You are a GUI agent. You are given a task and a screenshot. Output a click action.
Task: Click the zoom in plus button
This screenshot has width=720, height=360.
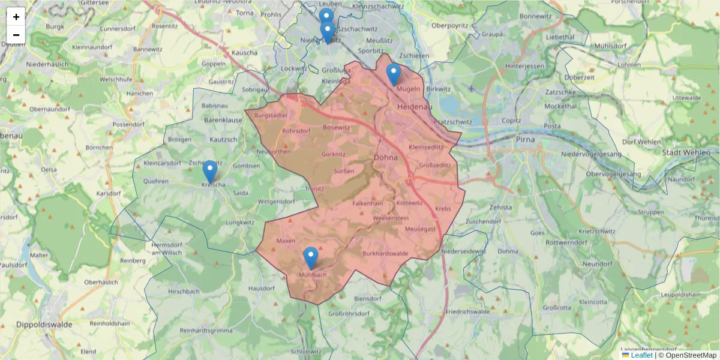[16, 17]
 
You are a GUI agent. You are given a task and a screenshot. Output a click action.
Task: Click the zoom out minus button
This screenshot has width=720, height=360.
[16, 35]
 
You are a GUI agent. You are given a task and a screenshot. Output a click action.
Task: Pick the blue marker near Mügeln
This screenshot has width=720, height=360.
[393, 74]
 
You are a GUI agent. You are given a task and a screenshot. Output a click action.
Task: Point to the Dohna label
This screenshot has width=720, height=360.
[385, 158]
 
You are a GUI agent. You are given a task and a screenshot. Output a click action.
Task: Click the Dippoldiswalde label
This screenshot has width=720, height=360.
[35, 324]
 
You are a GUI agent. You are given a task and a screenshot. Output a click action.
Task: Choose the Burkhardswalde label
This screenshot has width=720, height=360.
[385, 253]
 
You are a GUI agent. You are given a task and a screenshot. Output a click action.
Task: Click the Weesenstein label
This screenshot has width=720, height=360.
[390, 218]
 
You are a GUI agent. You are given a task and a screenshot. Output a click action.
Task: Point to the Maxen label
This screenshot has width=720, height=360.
[286, 241]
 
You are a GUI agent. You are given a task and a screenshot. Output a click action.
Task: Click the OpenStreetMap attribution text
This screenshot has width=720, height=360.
[691, 355]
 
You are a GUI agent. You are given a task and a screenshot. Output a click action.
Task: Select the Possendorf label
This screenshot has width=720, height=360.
[125, 124]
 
